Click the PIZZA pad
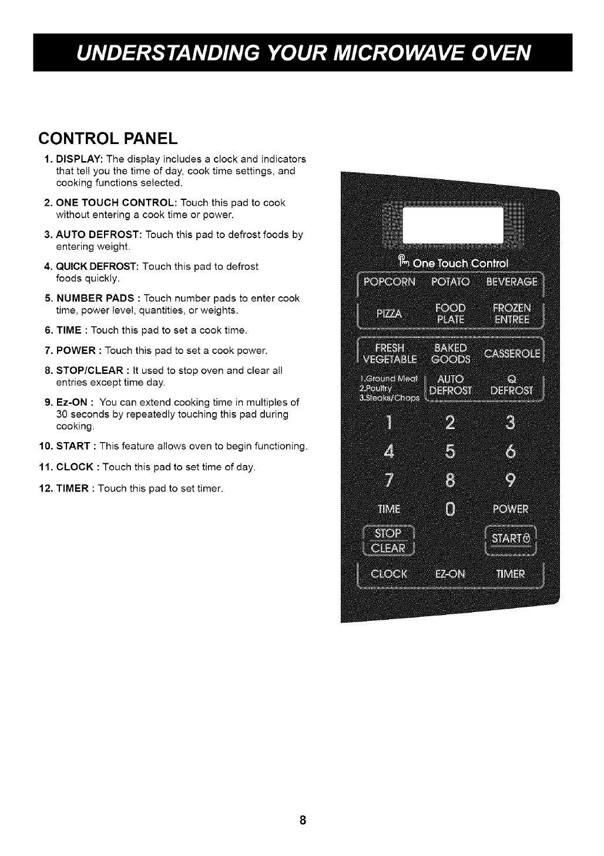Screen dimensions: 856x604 tap(389, 315)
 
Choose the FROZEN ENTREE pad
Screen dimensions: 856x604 tap(512, 314)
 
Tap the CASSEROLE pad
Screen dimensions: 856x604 tap(512, 353)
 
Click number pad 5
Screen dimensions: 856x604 tap(450, 452)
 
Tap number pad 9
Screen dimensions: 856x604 tap(511, 481)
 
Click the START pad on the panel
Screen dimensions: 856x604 tap(511, 539)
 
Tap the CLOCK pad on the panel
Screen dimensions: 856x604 tap(389, 574)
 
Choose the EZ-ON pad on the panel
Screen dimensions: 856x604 tap(450, 574)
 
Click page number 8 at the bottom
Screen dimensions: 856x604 tap(302, 820)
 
